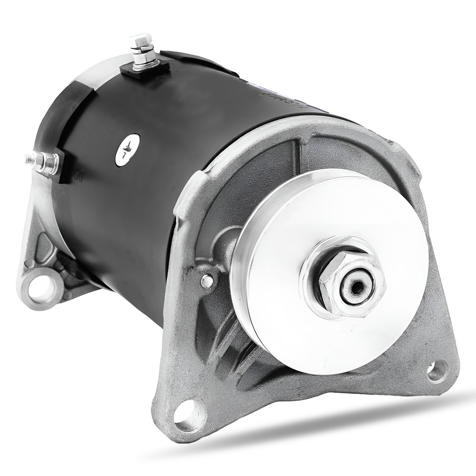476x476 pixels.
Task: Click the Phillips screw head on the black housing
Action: (127, 150)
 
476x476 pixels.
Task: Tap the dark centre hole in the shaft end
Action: (356, 288)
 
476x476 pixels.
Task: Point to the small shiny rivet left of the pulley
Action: (206, 281)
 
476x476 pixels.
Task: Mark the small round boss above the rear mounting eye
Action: (29, 263)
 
